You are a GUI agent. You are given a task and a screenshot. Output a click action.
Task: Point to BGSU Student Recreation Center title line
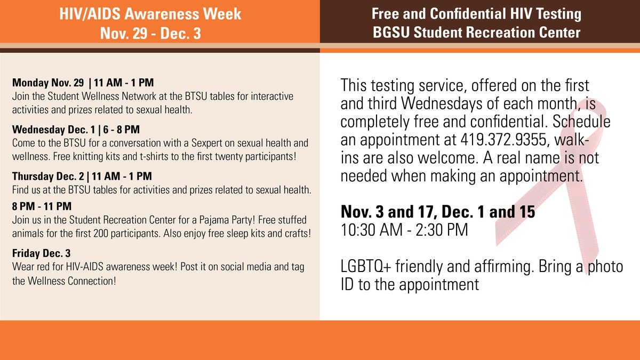[476, 33]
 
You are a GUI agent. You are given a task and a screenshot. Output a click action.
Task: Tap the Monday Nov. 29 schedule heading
[49, 83]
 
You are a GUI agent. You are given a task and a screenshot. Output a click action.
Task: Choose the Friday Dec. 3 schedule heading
[41, 252]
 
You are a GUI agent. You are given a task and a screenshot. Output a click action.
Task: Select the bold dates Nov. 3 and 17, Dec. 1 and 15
[438, 213]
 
